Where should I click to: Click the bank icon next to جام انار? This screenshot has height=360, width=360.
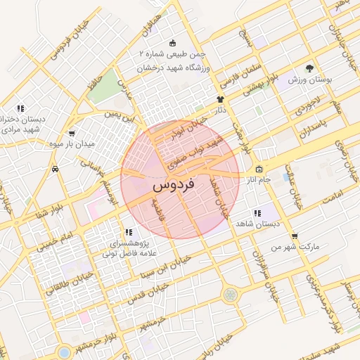259,169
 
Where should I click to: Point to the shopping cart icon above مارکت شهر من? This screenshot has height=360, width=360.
294,236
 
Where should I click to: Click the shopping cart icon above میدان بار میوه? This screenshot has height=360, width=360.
71,133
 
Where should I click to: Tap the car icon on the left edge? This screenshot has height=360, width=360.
55,169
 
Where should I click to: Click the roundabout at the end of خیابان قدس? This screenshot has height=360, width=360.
229,294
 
